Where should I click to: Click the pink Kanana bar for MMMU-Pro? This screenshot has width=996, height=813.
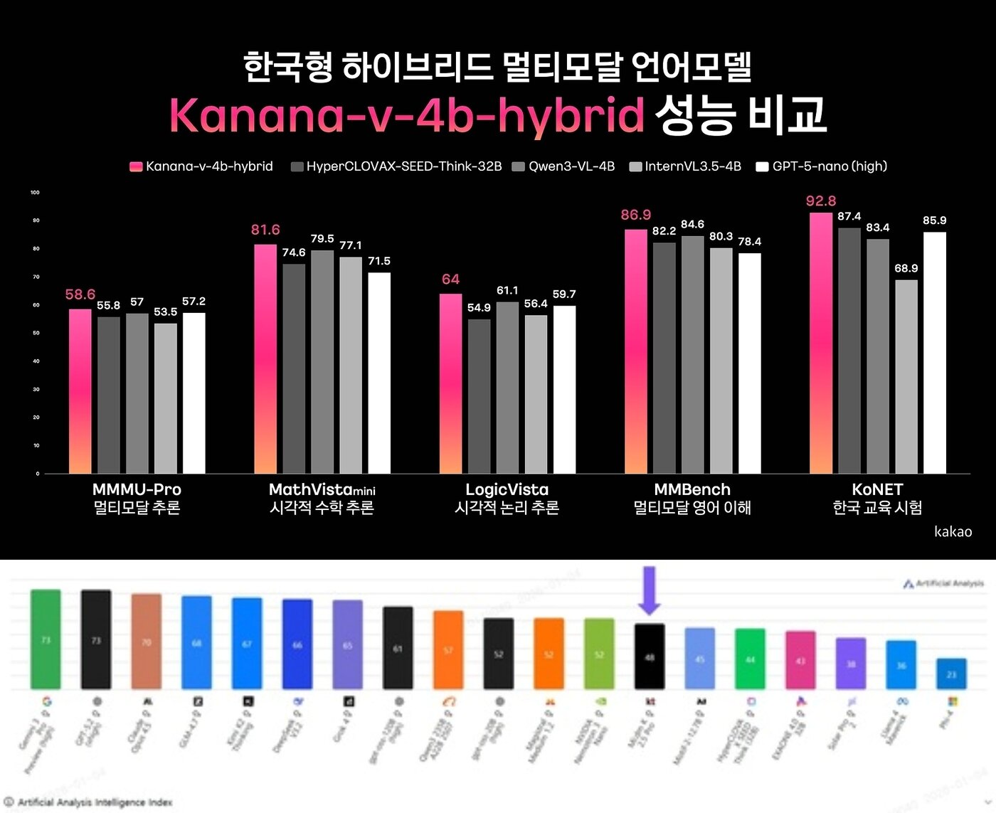coord(80,391)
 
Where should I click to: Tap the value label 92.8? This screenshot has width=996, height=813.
coord(820,201)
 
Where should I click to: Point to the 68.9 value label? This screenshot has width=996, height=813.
coord(906,268)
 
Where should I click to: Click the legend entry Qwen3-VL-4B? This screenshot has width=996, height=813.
coord(563,166)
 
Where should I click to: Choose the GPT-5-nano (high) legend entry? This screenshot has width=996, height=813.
coord(822,166)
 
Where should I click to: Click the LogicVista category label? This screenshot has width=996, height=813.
coord(507,489)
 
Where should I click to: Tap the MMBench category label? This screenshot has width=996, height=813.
coord(692,489)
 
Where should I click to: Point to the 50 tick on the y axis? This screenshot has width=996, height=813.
coord(36,333)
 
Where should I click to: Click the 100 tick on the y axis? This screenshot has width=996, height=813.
coord(35,193)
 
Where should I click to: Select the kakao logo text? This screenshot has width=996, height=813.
coord(953,531)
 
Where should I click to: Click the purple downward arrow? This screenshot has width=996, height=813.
coord(649,590)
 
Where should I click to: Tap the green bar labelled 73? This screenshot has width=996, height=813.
coord(46,639)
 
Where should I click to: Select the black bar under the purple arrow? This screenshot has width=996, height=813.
coord(649,657)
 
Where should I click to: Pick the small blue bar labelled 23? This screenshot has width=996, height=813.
coord(951,674)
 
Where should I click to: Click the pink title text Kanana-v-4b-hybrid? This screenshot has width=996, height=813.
coord(406,115)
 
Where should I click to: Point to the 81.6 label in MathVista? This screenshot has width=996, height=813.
coord(265,230)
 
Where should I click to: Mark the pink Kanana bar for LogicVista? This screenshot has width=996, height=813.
coord(450,383)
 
